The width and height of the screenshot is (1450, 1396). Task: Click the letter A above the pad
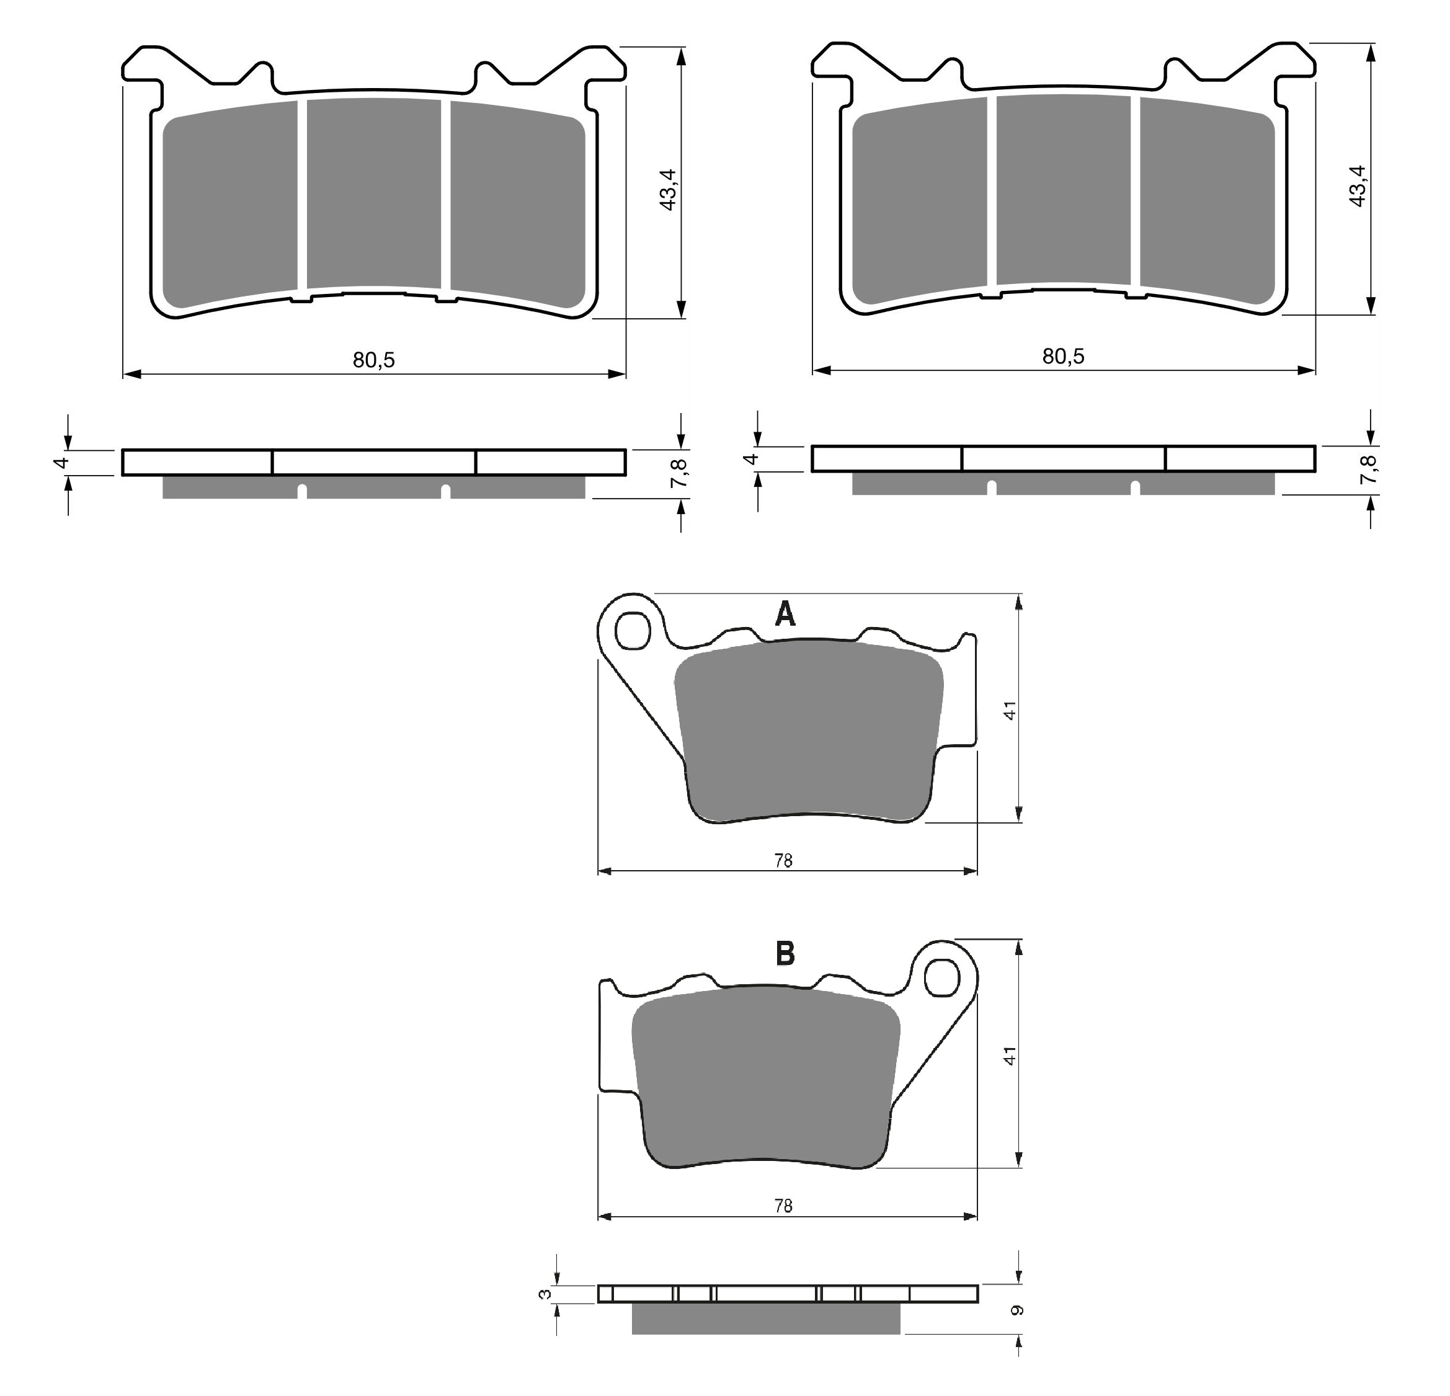point(785,613)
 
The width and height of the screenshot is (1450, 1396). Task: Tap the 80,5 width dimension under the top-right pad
point(1063,356)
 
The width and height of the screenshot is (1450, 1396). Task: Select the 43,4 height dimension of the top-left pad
point(668,189)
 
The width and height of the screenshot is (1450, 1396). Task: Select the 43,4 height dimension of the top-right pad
point(1358,185)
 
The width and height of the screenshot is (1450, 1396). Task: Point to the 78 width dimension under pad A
point(783,860)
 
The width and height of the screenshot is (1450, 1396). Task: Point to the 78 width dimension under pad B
point(783,1206)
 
